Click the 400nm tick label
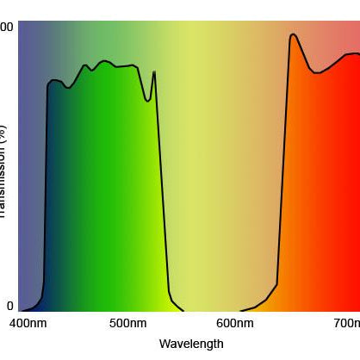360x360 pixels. (27, 324)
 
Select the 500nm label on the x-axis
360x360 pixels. (128, 324)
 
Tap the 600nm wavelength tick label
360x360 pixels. (234, 324)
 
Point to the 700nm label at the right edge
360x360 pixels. (346, 324)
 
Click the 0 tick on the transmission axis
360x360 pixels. (9, 306)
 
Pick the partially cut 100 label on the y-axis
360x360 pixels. (7, 28)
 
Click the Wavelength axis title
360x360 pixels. (191, 344)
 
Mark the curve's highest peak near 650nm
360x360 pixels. (293, 34)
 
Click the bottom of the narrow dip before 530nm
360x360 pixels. (149, 101)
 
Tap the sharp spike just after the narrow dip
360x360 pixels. (154, 71)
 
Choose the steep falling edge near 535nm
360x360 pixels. (161, 189)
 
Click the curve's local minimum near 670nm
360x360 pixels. (317, 73)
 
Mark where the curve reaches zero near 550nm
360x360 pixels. (183, 310)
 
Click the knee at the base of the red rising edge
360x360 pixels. (276, 283)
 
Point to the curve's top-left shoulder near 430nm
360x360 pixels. (51, 81)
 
